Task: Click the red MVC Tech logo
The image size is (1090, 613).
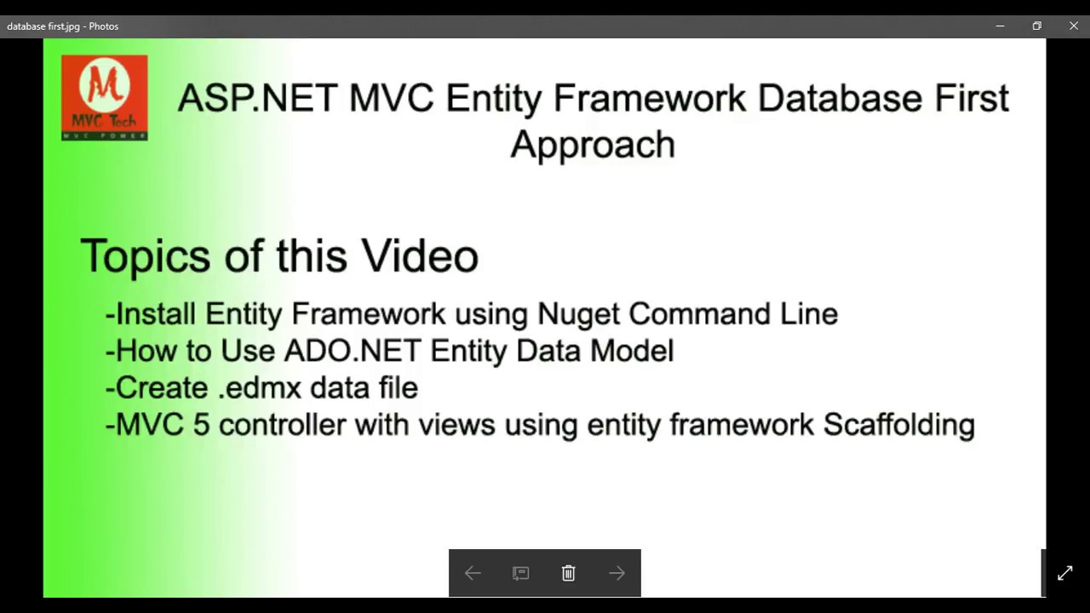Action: click(x=105, y=98)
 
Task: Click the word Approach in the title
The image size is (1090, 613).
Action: click(x=593, y=145)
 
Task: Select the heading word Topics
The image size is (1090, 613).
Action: click(x=146, y=256)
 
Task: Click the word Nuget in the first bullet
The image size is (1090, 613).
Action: click(x=578, y=314)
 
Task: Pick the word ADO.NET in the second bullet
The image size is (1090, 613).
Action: click(x=353, y=351)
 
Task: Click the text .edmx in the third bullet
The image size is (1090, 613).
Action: click(x=260, y=388)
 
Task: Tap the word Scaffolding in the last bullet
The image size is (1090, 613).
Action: click(x=898, y=424)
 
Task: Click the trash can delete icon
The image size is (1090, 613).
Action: click(x=568, y=574)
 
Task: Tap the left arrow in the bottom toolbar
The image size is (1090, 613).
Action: click(x=473, y=574)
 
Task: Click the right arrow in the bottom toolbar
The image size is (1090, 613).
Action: click(x=617, y=574)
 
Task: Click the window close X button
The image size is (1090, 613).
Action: click(x=1073, y=26)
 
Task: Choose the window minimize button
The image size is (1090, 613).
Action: click(x=1000, y=26)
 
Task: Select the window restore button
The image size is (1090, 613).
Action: click(x=1036, y=26)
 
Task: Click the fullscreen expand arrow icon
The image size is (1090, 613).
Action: click(x=1064, y=574)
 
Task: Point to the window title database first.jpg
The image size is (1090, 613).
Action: click(x=62, y=26)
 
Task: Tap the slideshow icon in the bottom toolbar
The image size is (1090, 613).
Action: click(x=520, y=574)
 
